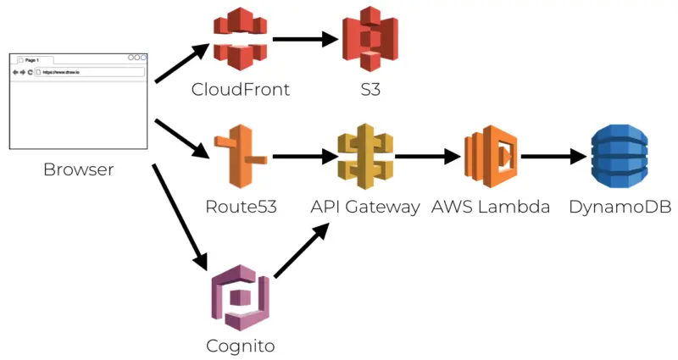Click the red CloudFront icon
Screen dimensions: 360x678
click(241, 39)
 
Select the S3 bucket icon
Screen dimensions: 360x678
click(370, 39)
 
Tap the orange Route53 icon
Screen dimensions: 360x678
click(241, 157)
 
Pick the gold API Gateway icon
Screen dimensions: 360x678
click(365, 157)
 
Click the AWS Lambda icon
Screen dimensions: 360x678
click(490, 157)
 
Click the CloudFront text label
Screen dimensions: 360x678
click(241, 90)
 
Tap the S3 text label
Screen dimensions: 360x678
click(370, 90)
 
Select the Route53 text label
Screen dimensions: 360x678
click(241, 207)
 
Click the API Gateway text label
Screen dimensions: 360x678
click(365, 207)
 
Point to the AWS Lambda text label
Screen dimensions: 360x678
click(491, 207)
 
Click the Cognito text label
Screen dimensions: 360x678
click(241, 346)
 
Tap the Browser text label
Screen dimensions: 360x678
click(78, 170)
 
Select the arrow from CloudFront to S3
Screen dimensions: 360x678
click(304, 39)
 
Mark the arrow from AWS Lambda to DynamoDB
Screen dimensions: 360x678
click(553, 157)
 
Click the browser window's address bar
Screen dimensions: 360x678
click(88, 73)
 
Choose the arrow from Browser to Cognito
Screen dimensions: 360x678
click(181, 216)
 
